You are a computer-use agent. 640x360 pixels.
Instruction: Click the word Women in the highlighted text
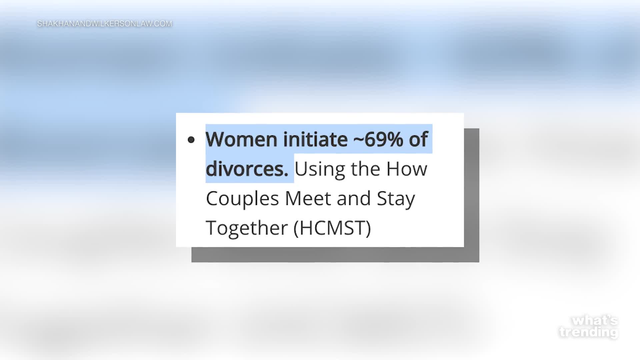click(241, 139)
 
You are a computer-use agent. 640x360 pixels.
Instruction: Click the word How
click(407, 169)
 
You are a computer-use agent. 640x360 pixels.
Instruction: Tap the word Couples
click(242, 199)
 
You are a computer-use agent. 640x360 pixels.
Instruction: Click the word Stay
click(396, 199)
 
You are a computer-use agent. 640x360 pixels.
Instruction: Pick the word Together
click(247, 228)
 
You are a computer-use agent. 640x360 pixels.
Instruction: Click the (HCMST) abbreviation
click(332, 228)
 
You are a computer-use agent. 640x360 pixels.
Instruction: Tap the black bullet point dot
click(191, 140)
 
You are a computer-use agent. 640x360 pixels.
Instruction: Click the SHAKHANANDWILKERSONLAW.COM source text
click(105, 24)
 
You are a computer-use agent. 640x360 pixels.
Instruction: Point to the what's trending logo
click(589, 327)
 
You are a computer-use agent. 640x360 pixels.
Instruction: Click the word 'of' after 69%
click(418, 139)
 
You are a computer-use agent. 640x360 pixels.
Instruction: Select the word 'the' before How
click(366, 169)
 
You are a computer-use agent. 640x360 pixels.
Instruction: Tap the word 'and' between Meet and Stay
click(354, 198)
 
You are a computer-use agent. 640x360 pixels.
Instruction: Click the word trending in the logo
click(589, 332)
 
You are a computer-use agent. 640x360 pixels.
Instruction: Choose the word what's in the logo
click(595, 321)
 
